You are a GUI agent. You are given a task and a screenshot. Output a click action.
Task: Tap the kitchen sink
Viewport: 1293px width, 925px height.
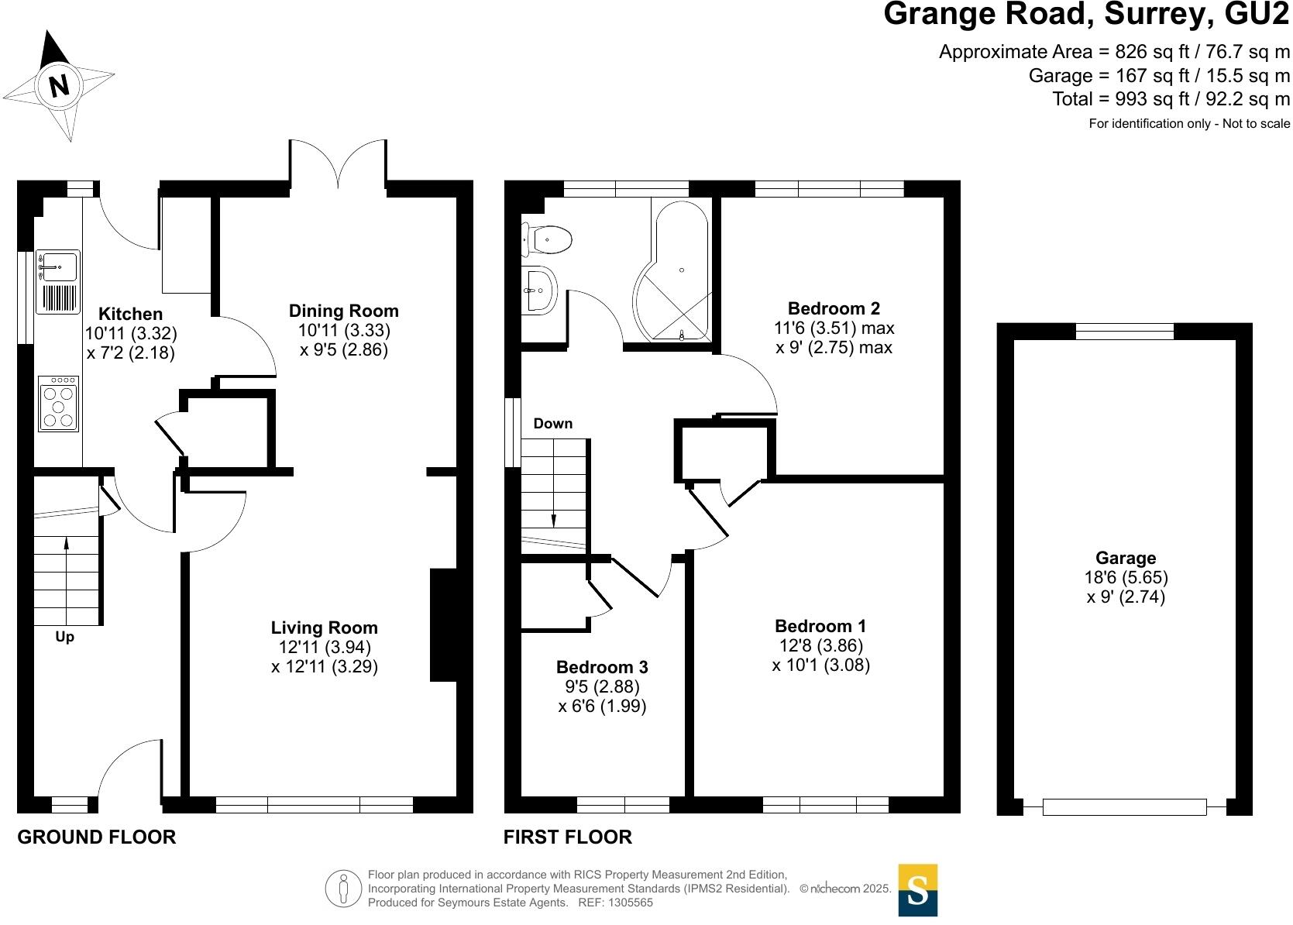coord(58,267)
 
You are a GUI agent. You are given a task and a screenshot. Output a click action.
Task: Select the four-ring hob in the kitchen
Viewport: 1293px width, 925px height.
coord(59,404)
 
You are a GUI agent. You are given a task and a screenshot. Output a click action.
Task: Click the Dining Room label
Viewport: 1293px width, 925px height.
coord(344,311)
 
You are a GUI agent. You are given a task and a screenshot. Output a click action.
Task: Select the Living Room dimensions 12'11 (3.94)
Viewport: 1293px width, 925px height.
coord(325,647)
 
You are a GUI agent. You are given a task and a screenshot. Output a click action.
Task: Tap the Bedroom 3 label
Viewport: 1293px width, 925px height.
coord(602,667)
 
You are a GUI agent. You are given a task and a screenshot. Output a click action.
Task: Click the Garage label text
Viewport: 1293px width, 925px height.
coord(1126,558)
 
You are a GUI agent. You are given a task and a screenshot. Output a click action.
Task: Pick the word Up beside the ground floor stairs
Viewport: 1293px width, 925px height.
coord(65,637)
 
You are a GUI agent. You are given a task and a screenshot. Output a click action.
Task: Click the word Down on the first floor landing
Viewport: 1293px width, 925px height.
coord(553,424)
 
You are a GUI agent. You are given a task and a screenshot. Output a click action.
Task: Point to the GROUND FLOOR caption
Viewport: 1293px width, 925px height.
coord(97,837)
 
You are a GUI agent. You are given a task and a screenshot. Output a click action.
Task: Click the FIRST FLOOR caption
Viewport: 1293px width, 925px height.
coord(568,837)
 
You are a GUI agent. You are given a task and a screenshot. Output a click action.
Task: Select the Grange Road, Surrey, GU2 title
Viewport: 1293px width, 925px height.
coord(1086,14)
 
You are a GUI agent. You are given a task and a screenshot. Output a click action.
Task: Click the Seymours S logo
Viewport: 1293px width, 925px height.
coord(917,890)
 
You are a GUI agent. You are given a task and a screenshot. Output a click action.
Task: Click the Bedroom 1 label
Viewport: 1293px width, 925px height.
coord(820,626)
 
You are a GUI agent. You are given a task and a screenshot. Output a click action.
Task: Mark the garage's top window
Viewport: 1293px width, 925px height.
coord(1125,332)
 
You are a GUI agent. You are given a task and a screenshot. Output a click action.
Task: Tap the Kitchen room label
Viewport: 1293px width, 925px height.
coord(131,314)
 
